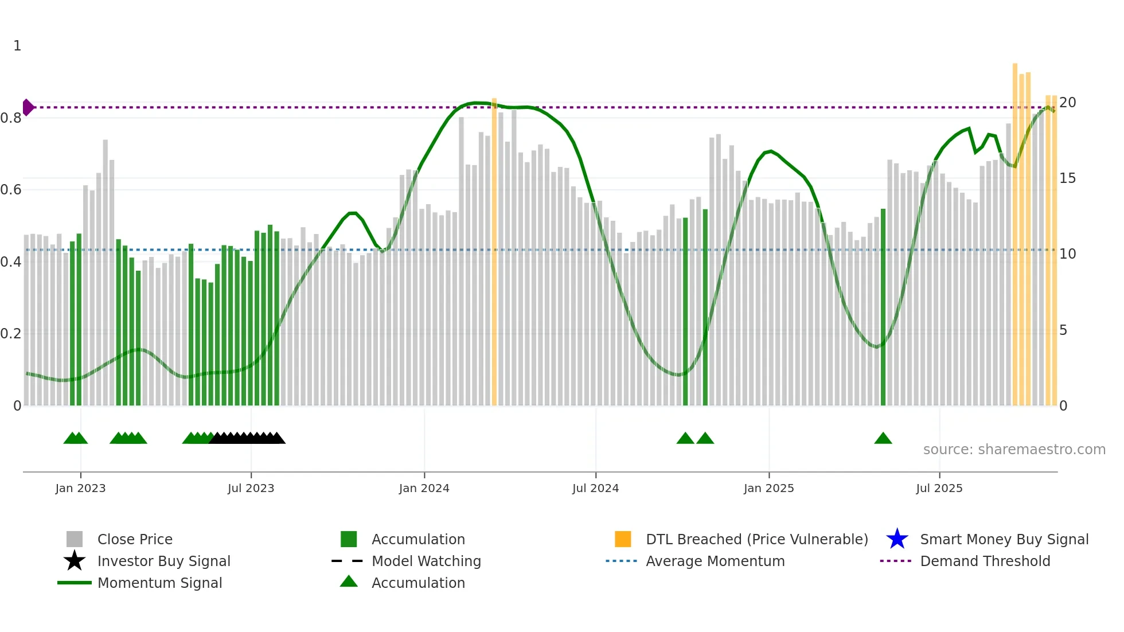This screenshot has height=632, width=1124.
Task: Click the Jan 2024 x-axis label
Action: click(424, 488)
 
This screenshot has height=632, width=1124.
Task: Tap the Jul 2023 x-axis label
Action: click(251, 488)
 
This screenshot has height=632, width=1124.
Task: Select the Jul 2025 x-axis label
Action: click(939, 488)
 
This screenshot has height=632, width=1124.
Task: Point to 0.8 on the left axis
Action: click(11, 118)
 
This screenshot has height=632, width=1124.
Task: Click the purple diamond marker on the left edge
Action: click(28, 107)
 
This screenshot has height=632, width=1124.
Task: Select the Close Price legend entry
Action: click(135, 539)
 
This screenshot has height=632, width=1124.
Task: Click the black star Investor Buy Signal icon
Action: click(75, 561)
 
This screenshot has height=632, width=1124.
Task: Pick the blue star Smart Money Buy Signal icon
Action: click(897, 539)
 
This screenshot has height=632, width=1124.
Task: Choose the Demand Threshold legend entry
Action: click(985, 561)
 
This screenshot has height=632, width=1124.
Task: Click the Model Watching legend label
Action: click(426, 561)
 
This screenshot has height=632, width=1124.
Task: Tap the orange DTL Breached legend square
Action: click(623, 539)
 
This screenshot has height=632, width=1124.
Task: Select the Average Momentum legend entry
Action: click(715, 561)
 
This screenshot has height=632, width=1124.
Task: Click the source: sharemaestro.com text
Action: click(1014, 450)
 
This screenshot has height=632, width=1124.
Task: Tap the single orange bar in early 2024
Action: click(494, 252)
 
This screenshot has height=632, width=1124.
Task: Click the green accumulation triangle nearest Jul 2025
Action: click(883, 439)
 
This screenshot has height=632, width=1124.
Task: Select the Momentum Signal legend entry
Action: click(159, 583)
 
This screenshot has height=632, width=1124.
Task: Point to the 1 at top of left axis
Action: click(17, 46)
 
